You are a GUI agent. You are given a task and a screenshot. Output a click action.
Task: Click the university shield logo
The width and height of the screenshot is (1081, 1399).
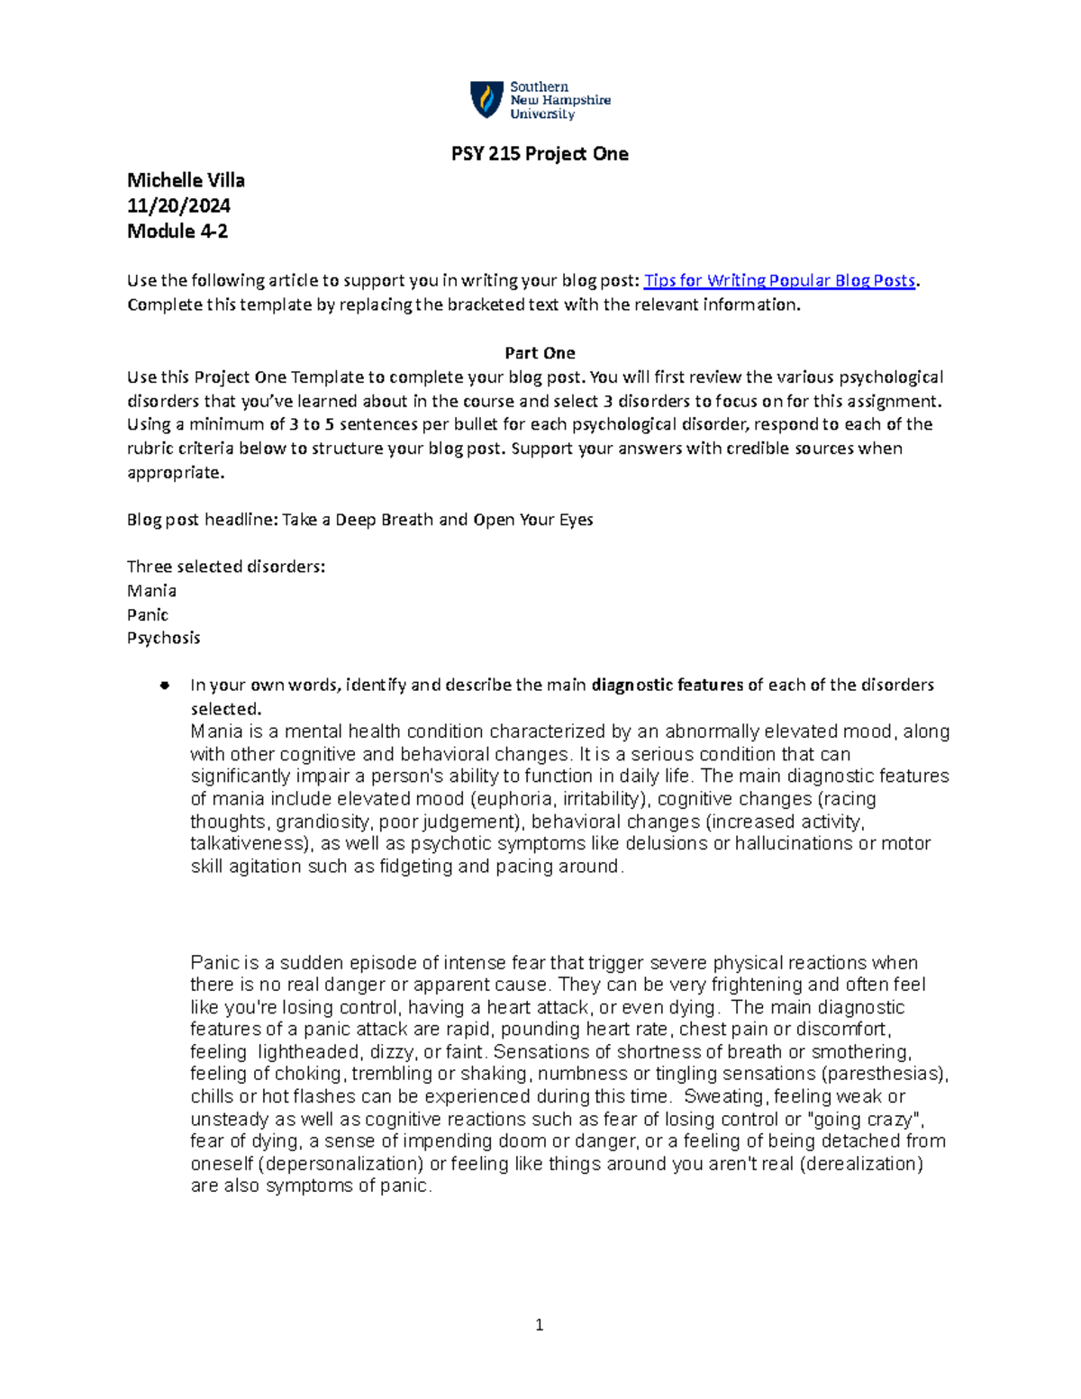(x=486, y=100)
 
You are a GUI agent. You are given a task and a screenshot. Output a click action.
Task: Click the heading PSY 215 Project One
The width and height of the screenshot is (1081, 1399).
(x=540, y=154)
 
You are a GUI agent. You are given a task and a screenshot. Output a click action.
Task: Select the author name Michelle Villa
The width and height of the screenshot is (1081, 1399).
(x=186, y=180)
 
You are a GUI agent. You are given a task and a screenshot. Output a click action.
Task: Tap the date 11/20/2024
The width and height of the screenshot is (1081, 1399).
(x=178, y=205)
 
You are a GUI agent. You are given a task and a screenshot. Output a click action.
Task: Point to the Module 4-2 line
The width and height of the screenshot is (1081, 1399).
(x=177, y=231)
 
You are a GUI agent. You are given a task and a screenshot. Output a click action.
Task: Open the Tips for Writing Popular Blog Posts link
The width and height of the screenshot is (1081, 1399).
(x=779, y=280)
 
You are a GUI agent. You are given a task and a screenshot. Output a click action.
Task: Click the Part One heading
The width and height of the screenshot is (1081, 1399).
(x=540, y=353)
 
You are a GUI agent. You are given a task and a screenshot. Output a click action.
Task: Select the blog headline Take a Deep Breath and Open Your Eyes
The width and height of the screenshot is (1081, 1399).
(x=438, y=520)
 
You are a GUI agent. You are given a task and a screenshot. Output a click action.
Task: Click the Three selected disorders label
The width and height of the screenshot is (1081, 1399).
(x=226, y=567)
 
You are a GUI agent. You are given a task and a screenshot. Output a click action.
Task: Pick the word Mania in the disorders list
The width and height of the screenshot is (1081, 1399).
(x=151, y=591)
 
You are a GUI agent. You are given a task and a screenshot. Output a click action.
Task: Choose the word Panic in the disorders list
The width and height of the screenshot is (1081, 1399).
(x=148, y=614)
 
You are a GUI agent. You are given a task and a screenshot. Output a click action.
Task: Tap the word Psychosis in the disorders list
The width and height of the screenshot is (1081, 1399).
(x=163, y=638)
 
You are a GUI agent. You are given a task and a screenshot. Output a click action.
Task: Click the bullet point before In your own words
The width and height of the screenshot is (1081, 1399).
(x=164, y=686)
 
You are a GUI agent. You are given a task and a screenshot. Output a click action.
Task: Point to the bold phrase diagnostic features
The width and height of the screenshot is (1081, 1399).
(x=668, y=685)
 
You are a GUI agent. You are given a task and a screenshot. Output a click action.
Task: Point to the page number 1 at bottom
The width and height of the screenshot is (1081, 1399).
(x=539, y=1324)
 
